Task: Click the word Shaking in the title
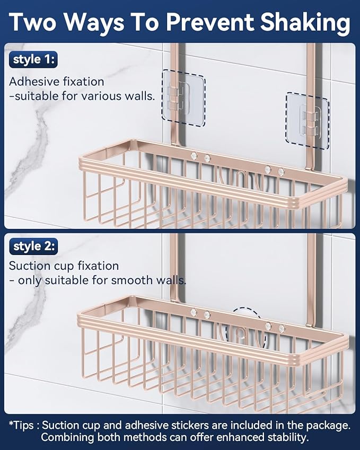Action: click(x=299, y=23)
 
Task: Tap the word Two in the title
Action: click(x=36, y=23)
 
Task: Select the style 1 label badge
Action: click(x=33, y=59)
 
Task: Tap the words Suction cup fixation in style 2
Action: click(x=64, y=266)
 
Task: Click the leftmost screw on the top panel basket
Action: click(x=194, y=156)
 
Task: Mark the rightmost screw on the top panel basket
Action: click(x=281, y=171)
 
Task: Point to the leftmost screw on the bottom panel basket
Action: click(x=194, y=314)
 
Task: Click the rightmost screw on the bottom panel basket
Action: click(x=281, y=329)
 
